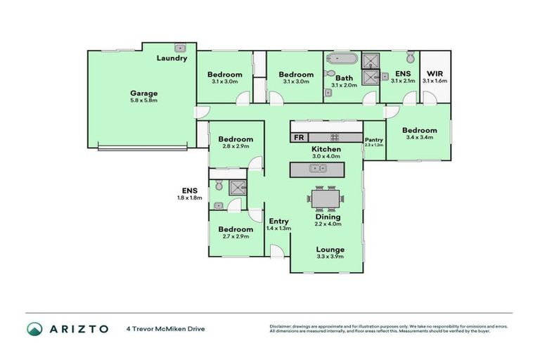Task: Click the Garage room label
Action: pyautogui.click(x=143, y=93)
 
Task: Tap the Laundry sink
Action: pyautogui.click(x=180, y=49)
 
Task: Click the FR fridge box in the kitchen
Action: pyautogui.click(x=299, y=137)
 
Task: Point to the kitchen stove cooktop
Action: pyautogui.click(x=335, y=137)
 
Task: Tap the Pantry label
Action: pyautogui.click(x=374, y=140)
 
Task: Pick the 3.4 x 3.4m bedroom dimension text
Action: pyautogui.click(x=420, y=138)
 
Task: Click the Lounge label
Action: pyautogui.click(x=330, y=250)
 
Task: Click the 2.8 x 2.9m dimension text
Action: pyautogui.click(x=235, y=147)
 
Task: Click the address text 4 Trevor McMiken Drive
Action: pyautogui.click(x=166, y=328)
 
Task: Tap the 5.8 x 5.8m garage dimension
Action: pyautogui.click(x=143, y=101)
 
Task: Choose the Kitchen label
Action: pyautogui.click(x=326, y=149)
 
